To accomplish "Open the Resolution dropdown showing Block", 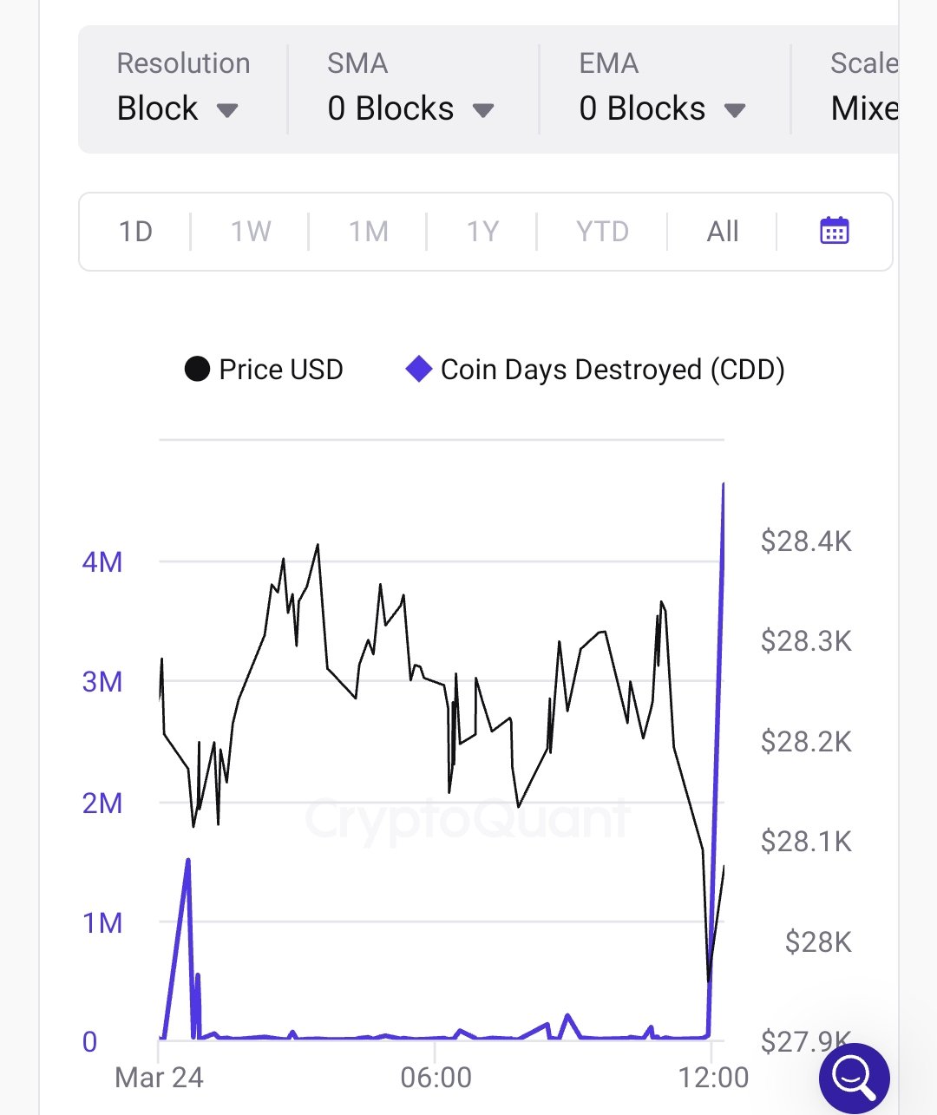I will [177, 109].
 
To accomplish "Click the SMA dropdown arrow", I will [483, 110].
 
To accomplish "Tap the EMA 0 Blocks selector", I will [661, 109].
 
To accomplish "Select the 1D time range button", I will [135, 232].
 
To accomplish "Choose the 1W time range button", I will [251, 232].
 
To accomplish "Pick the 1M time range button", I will [368, 232].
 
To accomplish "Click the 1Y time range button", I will [482, 232].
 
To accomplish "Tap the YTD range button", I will [602, 232].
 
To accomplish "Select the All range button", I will [723, 232].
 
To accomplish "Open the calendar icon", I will [835, 231].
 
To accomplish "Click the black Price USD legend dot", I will [197, 370].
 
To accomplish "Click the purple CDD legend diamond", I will [419, 370].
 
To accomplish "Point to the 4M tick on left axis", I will [102, 562].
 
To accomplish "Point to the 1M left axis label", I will [102, 923].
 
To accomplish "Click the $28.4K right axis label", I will [806, 541].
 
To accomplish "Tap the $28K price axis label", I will [817, 942].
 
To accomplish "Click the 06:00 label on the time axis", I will [436, 1078].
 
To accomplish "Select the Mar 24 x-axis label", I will [159, 1078].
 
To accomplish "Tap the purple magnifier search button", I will [854, 1078].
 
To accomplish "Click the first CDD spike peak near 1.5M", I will [188, 860].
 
